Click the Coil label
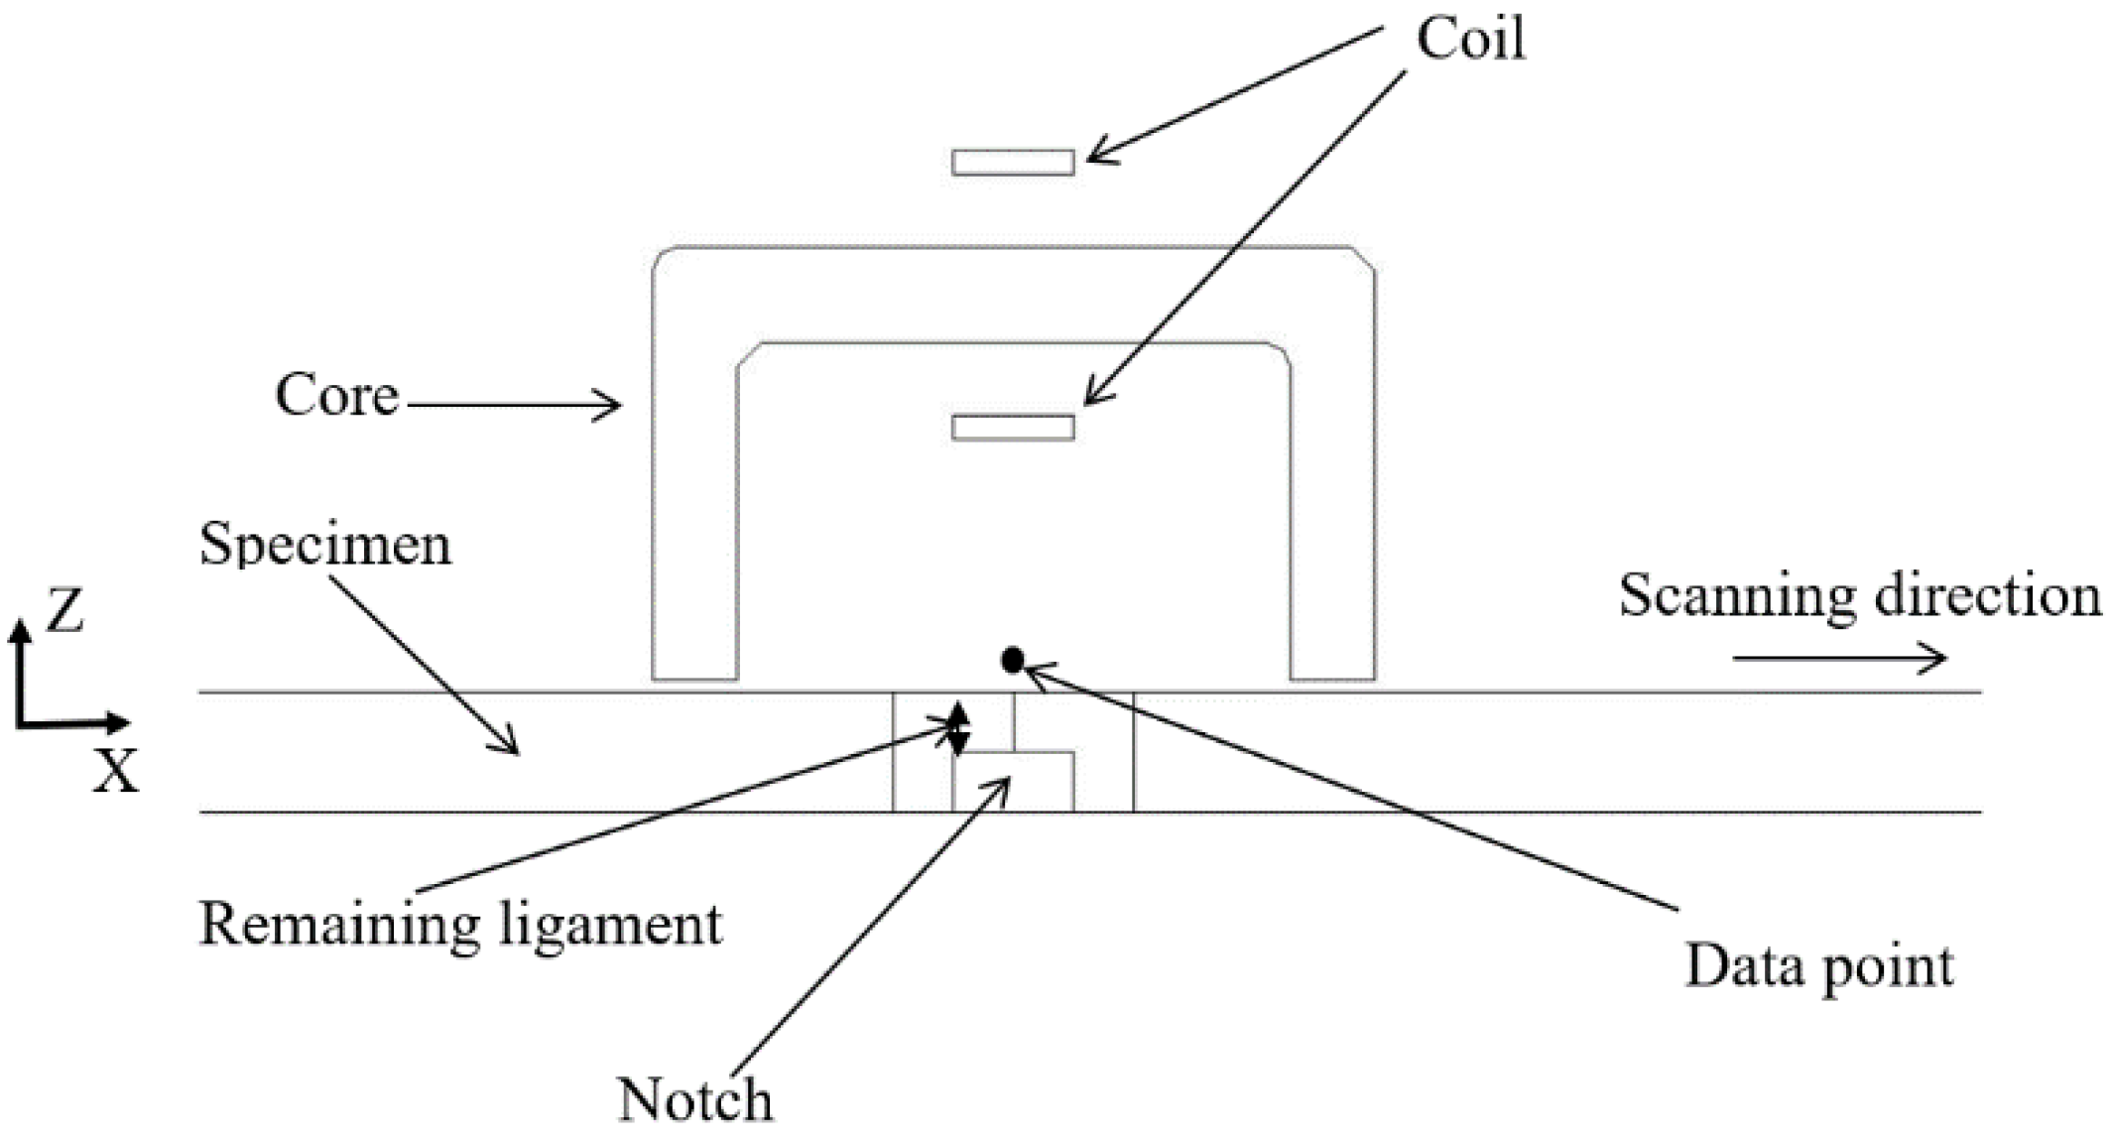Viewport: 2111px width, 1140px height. [1470, 40]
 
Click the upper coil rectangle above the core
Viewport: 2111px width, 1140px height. [1013, 162]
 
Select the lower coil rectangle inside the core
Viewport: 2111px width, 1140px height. [1013, 427]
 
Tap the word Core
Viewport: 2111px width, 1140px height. [336, 395]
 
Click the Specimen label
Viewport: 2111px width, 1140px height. [325, 545]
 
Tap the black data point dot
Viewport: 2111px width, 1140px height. [1012, 660]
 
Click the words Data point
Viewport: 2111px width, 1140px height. [1818, 965]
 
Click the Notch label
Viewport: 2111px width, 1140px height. [694, 1099]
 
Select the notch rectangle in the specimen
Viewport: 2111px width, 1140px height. [1013, 782]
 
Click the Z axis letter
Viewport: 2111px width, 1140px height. [64, 611]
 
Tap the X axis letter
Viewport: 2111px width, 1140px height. [115, 771]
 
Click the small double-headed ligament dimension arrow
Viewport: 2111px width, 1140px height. [957, 728]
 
